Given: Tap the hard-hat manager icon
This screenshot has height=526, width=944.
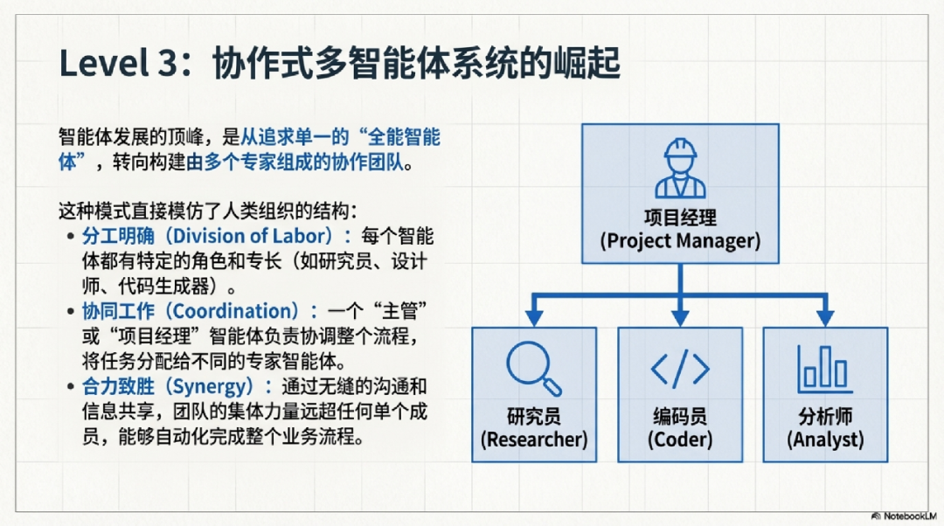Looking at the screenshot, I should coord(680,168).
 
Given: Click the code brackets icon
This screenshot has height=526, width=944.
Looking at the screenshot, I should coord(680,369).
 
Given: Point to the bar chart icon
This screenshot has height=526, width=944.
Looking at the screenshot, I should coord(824,369).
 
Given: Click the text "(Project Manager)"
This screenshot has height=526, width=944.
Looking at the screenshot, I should coord(680,240).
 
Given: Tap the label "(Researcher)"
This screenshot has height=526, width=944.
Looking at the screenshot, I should coord(534,439).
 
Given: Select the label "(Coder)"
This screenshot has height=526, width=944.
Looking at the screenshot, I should coord(680,439).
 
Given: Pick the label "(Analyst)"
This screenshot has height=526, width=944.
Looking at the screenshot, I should coord(824,439).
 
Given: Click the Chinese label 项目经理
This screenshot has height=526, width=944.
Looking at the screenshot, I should coord(680,217).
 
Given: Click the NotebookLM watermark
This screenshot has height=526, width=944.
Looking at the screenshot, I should coord(903,516).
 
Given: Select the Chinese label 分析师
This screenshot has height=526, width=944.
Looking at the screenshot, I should coord(824,416).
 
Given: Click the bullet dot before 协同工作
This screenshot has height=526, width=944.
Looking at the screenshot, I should coord(71,312).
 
